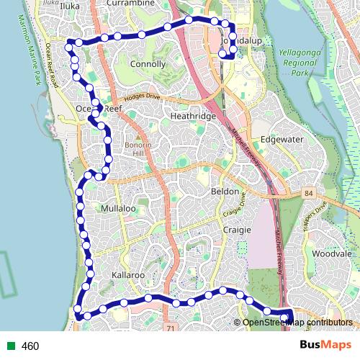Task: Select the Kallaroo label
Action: (x=130, y=275)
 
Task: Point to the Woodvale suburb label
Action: (x=332, y=254)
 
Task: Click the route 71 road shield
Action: (x=170, y=328)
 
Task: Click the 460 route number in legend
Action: (x=30, y=346)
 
